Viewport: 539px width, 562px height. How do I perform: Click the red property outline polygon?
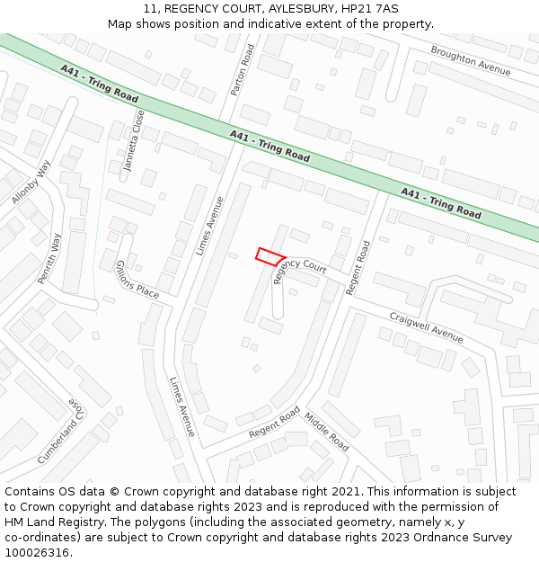pyautogui.click(x=270, y=256)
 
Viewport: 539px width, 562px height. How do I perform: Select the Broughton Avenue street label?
pyautogui.click(x=470, y=60)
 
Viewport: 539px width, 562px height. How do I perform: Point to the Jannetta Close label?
pyautogui.click(x=134, y=140)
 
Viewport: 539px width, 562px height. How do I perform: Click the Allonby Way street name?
pyautogui.click(x=32, y=182)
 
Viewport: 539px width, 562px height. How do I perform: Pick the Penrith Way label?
pyautogui.click(x=50, y=259)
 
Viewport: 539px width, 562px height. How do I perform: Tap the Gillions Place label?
pyautogui.click(x=137, y=280)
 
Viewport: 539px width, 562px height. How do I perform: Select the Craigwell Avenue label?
pyautogui.click(x=426, y=327)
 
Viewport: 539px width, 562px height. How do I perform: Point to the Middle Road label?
pyautogui.click(x=326, y=432)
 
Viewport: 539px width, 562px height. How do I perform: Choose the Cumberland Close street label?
pyautogui.click(x=62, y=432)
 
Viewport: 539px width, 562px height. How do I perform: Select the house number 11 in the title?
pyautogui.click(x=150, y=8)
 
